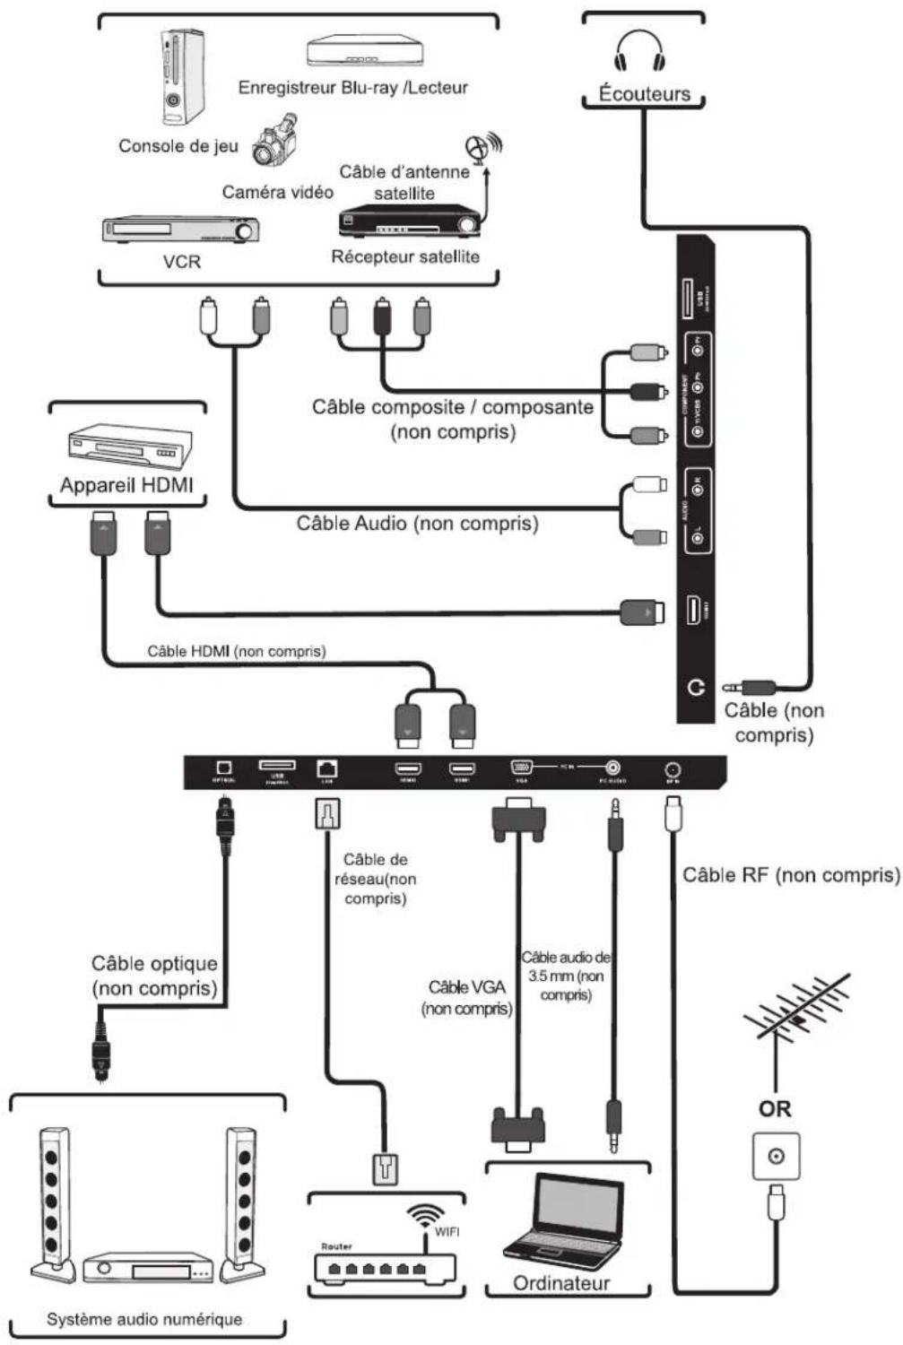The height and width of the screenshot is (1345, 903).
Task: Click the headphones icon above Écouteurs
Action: [639, 50]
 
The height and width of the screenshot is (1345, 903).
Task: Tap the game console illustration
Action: [183, 77]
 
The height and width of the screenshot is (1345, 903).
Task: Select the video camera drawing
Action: [274, 141]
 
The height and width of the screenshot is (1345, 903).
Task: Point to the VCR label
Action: [181, 262]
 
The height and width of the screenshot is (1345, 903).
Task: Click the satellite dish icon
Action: [483, 147]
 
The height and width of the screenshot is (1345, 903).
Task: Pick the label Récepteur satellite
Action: [405, 257]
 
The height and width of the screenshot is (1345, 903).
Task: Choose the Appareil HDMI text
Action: [126, 486]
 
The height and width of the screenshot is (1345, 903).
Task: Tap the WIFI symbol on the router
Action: [426, 1219]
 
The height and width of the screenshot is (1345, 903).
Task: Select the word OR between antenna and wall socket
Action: [775, 1109]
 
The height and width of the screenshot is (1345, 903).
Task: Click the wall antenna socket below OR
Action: [776, 1157]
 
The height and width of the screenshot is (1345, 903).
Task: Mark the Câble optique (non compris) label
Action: [154, 976]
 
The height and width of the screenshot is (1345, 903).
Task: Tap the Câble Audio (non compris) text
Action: [418, 523]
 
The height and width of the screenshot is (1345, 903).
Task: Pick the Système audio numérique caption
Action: [144, 1319]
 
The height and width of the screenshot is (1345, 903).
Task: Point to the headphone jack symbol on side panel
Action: [696, 688]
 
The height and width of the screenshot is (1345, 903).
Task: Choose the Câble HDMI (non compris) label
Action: [237, 652]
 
